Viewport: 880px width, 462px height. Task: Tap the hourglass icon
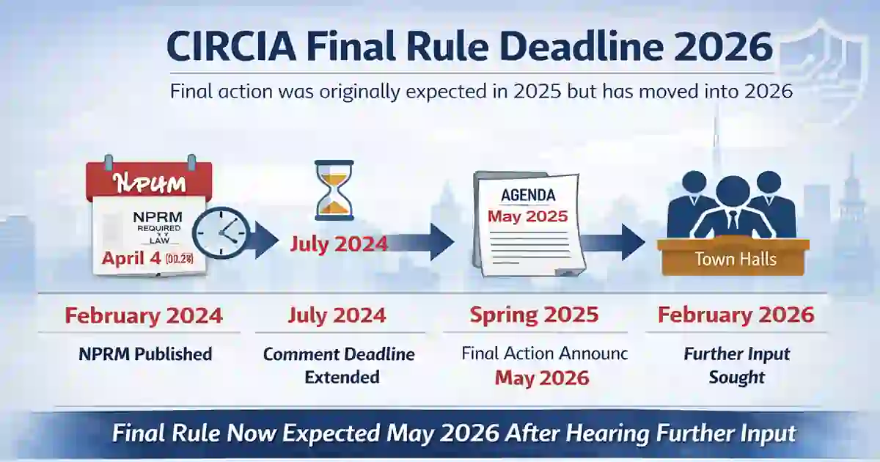point(334,189)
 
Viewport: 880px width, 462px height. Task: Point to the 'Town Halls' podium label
point(736,259)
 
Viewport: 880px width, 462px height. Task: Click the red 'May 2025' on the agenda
point(527,217)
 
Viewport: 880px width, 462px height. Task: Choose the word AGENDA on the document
point(528,195)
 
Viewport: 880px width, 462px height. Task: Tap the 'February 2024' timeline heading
point(144,315)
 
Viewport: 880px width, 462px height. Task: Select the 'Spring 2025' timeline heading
point(534,315)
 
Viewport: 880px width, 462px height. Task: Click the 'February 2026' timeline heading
point(736,315)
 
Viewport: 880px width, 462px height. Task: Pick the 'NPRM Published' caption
point(145,354)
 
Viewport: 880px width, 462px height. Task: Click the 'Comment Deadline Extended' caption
point(339,366)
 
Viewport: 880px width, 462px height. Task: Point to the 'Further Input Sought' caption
point(736,366)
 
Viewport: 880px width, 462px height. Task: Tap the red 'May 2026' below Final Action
point(541,378)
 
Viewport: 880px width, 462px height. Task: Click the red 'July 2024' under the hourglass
point(339,243)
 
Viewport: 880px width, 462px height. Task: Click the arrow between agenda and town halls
point(617,242)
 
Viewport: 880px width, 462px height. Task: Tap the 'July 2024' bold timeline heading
point(337,315)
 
